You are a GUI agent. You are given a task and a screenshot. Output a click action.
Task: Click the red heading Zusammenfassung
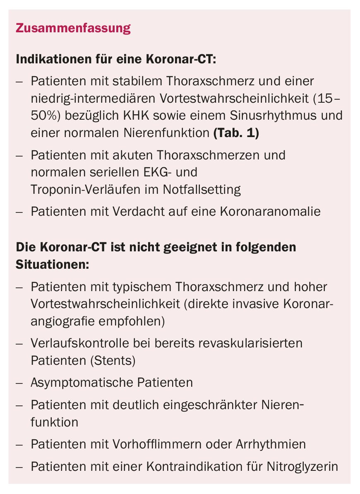point(73,29)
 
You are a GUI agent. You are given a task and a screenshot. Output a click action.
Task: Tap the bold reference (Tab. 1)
point(236,133)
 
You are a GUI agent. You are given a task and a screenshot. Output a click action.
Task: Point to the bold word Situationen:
point(52,264)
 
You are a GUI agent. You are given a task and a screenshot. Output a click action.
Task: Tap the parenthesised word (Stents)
point(113,361)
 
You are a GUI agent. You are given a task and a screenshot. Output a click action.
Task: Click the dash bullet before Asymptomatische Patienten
point(19,383)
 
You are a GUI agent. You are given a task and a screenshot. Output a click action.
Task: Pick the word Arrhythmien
point(271,445)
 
